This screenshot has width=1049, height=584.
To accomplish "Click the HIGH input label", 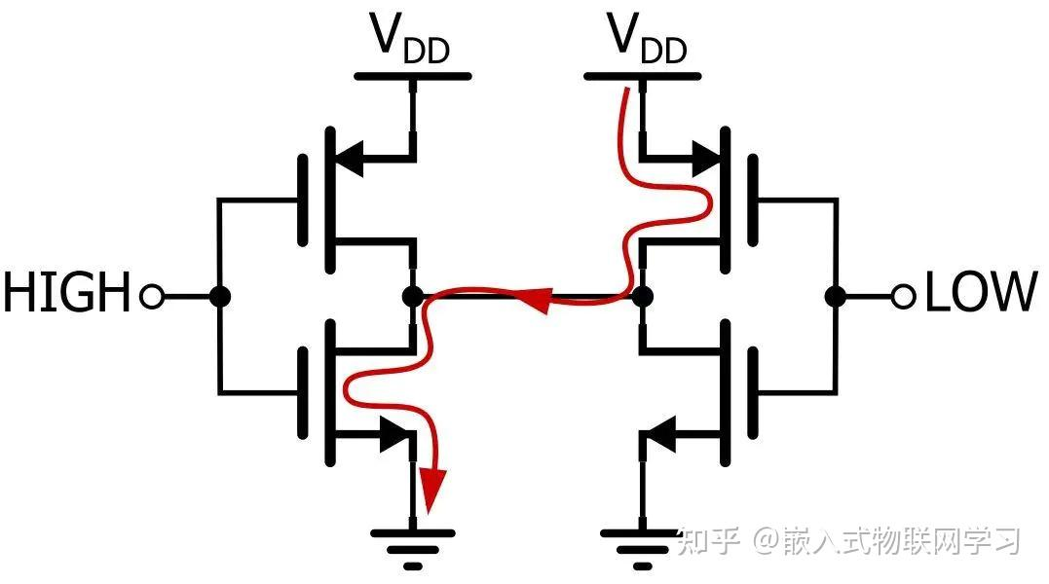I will click(x=66, y=293).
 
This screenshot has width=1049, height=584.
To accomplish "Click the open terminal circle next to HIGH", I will click(x=151, y=295).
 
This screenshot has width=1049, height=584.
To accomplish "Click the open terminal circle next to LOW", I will click(x=904, y=295).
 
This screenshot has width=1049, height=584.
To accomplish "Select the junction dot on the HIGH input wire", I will click(x=220, y=295).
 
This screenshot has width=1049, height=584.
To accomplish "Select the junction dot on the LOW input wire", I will click(x=835, y=295).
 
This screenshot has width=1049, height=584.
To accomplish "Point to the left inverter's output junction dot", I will click(x=413, y=295).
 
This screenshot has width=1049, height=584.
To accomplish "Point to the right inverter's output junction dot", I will click(x=642, y=295).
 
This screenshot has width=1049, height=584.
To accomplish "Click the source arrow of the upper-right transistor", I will click(x=703, y=156).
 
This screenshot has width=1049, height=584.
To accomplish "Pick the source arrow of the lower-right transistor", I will click(x=662, y=434).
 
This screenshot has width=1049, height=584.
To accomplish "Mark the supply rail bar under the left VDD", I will click(x=413, y=76).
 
